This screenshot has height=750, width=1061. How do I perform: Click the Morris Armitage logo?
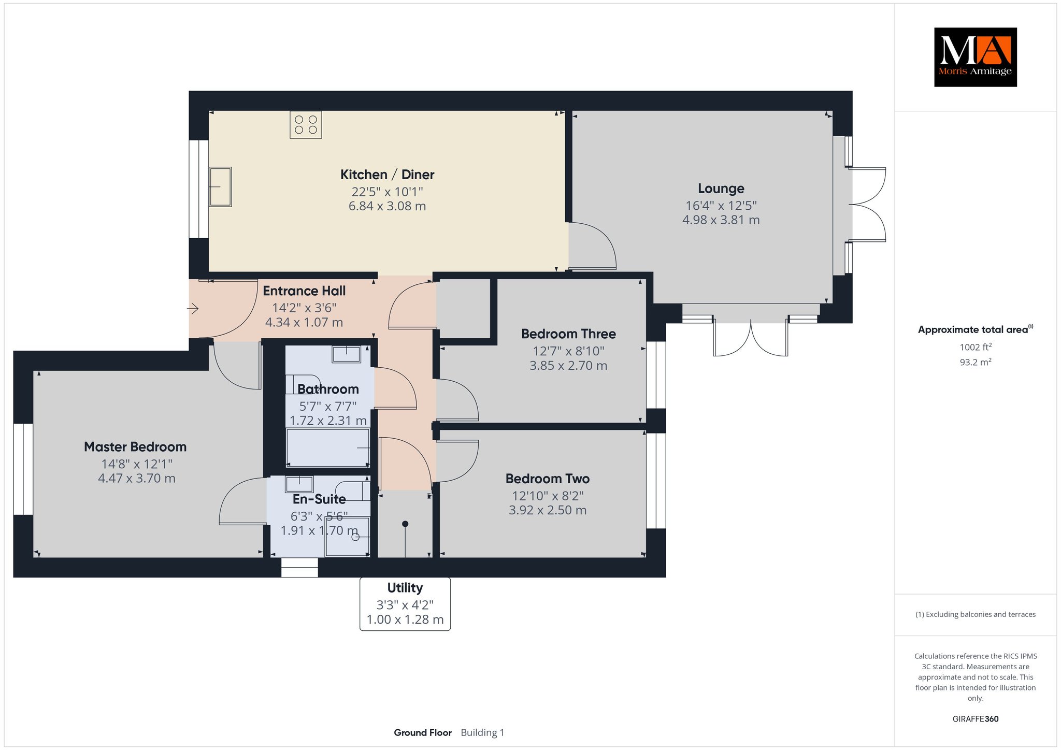coord(975,57)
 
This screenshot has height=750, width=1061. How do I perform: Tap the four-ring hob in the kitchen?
coord(306,124)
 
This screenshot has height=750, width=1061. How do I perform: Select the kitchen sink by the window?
coord(220,187)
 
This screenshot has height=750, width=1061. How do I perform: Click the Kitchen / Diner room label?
coord(387,175)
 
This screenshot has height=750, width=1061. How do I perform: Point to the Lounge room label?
coord(721,189)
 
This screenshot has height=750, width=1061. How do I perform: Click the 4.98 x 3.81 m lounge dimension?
coord(721,220)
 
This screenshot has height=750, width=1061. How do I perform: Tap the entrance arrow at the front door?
coord(193,309)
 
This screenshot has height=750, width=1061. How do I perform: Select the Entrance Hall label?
coord(304,291)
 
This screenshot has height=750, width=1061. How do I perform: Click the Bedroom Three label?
coord(568,334)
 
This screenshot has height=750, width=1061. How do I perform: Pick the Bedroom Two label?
coord(548,479)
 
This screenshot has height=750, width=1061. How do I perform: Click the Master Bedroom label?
coord(135,446)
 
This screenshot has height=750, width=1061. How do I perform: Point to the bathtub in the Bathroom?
coord(328,448)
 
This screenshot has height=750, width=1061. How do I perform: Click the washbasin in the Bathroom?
coord(346,354)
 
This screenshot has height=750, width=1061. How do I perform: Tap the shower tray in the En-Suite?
coord(347,537)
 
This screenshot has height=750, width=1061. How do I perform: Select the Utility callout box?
coord(405,604)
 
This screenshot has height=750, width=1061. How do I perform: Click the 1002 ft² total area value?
coord(976,347)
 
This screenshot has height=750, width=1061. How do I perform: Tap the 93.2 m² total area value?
coord(976,362)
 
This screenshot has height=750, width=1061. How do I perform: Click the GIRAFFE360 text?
coord(976,719)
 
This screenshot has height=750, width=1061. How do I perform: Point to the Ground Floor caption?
coord(423,732)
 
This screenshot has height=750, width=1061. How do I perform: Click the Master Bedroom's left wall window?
coord(23,469)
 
